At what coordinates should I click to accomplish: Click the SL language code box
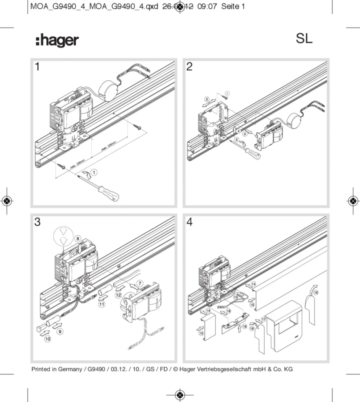310,40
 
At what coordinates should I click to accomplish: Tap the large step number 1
37,67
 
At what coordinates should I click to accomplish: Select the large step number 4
189,222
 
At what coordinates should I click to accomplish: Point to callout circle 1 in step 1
94,172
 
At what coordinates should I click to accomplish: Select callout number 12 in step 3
118,293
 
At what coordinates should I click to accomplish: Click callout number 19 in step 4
245,326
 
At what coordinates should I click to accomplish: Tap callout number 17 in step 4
264,320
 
